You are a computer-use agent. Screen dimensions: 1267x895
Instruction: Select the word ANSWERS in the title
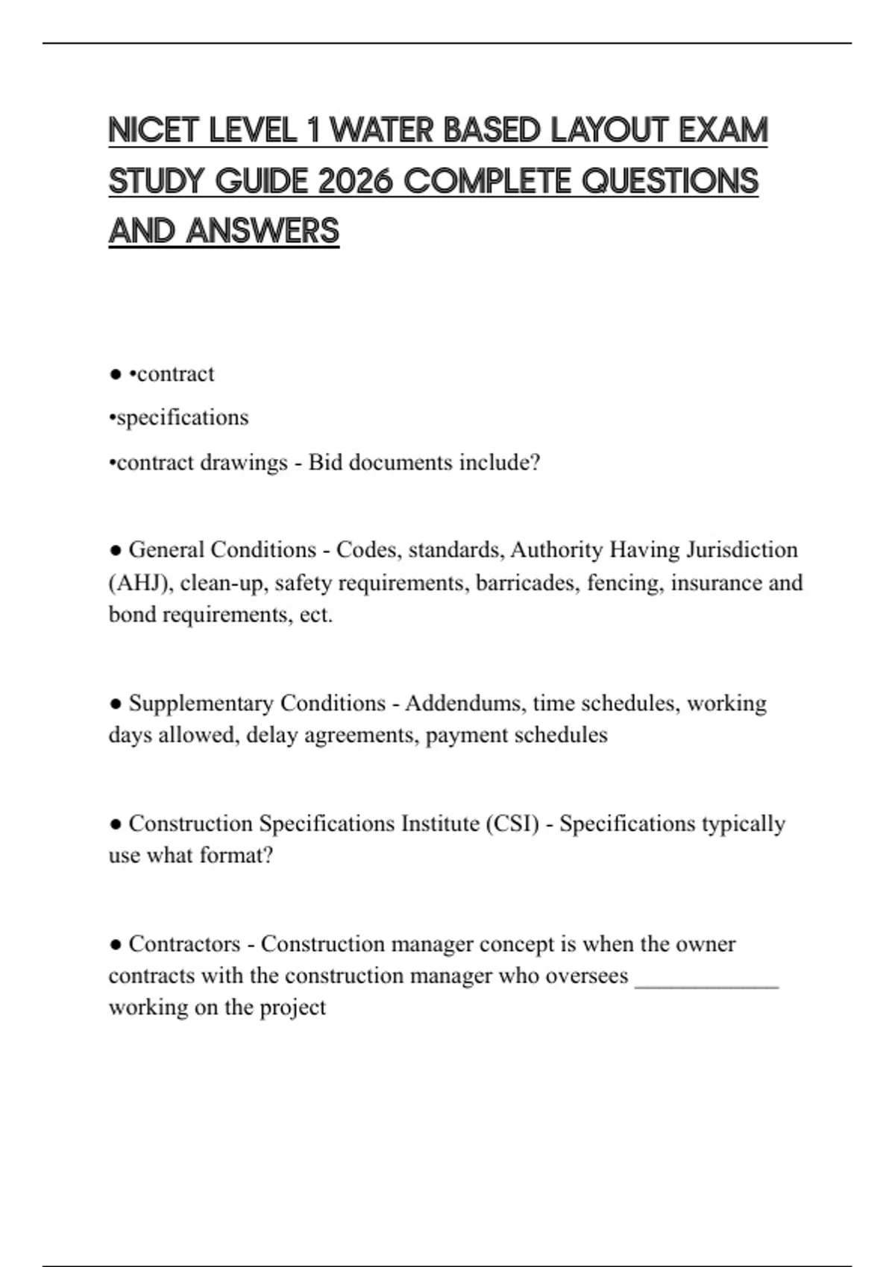pyautogui.click(x=263, y=231)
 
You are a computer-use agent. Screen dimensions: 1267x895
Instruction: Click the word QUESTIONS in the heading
pyautogui.click(x=669, y=181)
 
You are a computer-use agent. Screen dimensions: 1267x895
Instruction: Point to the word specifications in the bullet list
pyautogui.click(x=182, y=417)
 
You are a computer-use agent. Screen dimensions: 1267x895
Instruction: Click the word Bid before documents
pyautogui.click(x=325, y=462)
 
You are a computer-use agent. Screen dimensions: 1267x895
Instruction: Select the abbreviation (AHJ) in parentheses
pyautogui.click(x=142, y=582)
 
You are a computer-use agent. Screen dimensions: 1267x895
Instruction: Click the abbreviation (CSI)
pyautogui.click(x=512, y=824)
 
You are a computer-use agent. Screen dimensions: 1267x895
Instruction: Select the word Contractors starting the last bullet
pyautogui.click(x=184, y=944)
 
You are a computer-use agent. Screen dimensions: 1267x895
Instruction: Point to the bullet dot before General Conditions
pyautogui.click(x=116, y=550)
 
